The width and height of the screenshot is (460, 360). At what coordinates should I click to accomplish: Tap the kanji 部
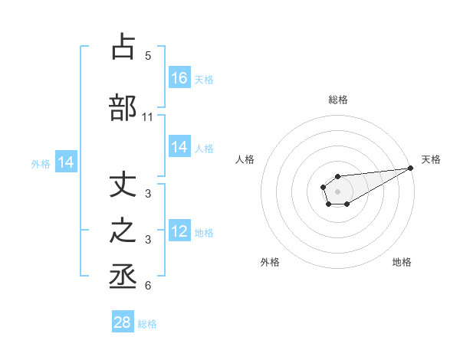coord(123,107)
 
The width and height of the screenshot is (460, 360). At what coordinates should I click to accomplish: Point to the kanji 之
coord(123,231)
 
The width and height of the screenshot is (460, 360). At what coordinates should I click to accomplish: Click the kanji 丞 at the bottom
coord(123,277)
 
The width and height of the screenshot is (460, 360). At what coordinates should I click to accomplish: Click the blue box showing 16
coord(179,78)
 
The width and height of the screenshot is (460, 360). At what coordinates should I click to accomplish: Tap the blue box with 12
coord(179,232)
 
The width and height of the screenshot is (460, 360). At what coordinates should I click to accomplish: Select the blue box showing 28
coord(123,322)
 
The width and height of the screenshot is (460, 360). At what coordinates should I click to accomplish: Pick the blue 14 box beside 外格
coord(66,162)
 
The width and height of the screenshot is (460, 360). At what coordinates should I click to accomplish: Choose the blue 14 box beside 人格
coord(179,148)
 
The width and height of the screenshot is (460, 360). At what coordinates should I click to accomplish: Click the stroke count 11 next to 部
coord(148,117)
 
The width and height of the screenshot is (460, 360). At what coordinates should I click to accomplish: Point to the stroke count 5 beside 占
coord(148,56)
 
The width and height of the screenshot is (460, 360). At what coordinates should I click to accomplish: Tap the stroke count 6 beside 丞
coord(148,286)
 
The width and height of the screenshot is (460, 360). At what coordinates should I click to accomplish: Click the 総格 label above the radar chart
coord(338,100)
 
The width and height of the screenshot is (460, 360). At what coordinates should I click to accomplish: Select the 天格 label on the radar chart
coord(431,159)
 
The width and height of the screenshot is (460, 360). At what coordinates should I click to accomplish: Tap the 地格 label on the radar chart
coord(402,262)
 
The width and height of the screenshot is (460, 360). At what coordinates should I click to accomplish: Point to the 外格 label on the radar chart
coord(270,262)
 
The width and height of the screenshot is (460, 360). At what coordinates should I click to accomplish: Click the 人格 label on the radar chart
coord(245,159)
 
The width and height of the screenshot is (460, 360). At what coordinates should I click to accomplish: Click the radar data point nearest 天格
coord(410,168)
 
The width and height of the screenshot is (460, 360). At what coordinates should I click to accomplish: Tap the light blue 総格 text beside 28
coord(148,324)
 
